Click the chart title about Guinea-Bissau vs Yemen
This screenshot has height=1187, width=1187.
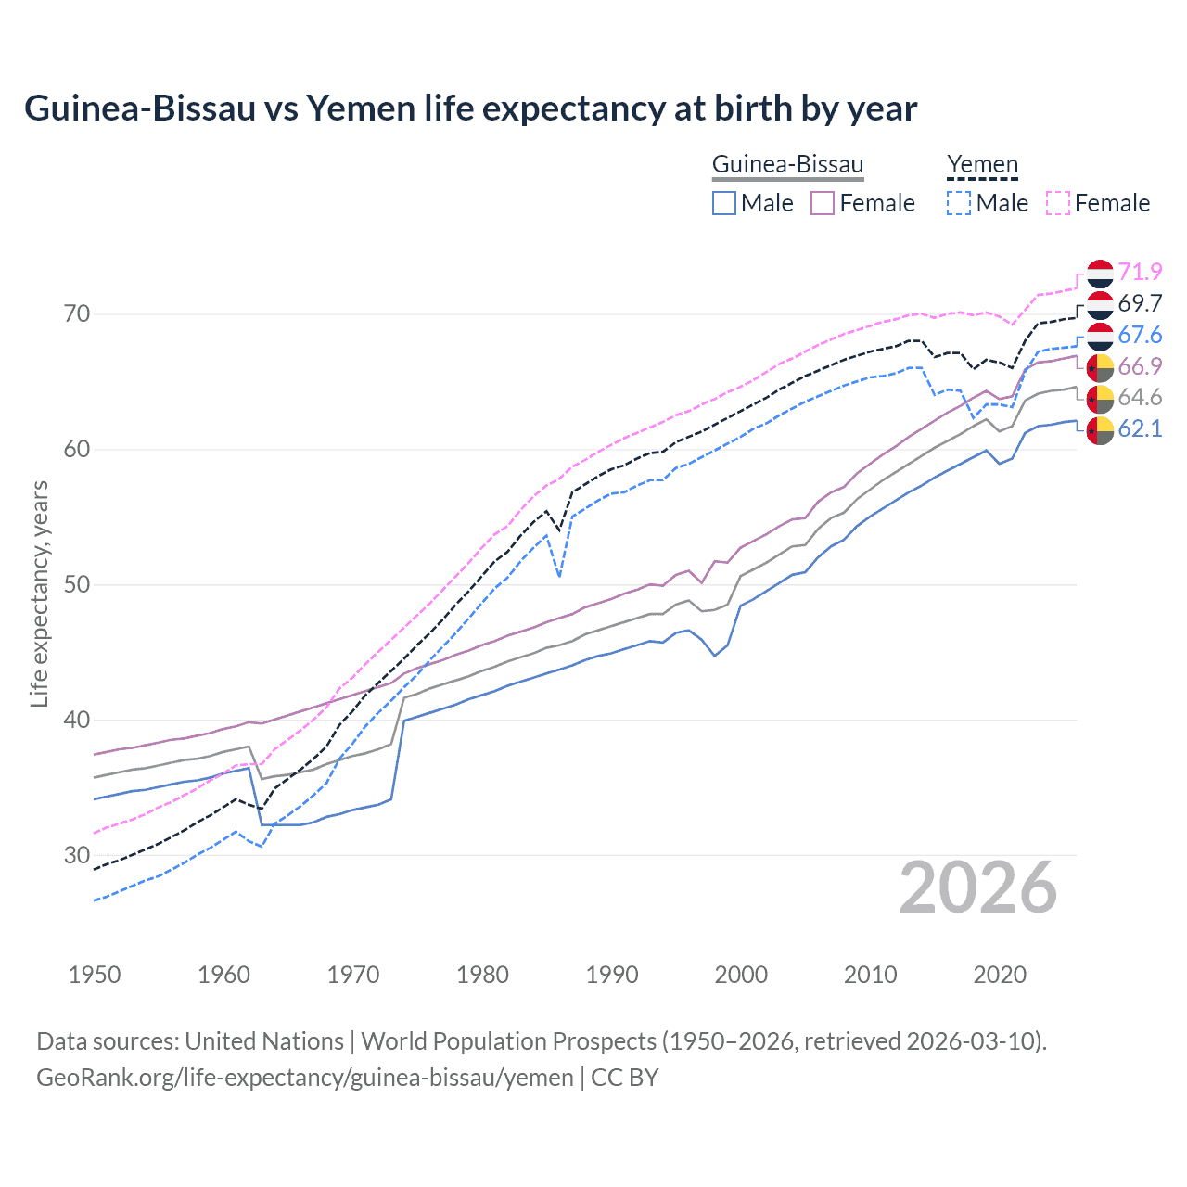coord(470,108)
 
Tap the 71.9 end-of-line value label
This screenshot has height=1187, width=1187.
coord(1140,272)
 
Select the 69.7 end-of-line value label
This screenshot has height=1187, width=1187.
coord(1140,303)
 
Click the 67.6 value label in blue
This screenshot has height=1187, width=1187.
coord(1140,335)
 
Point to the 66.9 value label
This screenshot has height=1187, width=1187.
coord(1140,366)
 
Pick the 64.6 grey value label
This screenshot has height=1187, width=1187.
coord(1140,397)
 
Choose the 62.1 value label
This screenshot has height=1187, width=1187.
coord(1140,428)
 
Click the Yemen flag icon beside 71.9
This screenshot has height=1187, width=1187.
coord(1100,273)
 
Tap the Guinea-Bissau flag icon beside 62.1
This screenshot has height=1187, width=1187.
coord(1100,430)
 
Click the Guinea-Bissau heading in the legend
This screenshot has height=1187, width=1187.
coord(787,165)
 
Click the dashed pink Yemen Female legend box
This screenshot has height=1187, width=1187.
coord(1057,203)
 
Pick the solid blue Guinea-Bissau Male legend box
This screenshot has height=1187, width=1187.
coord(724,203)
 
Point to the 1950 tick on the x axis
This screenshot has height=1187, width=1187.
coord(95,975)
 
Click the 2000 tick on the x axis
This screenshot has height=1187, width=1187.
coord(741,975)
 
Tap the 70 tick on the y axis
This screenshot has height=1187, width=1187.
coord(77,314)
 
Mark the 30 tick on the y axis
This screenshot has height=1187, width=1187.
coord(77,855)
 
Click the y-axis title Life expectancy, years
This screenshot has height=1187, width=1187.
coord(39,593)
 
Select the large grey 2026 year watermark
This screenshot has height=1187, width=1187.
coord(978,887)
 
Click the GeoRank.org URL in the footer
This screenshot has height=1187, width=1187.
coord(304,1078)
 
